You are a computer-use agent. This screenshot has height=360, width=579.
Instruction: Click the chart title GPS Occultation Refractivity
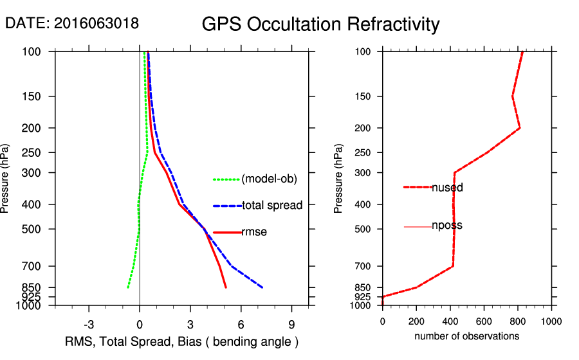320,24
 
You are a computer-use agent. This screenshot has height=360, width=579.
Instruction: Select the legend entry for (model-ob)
269,179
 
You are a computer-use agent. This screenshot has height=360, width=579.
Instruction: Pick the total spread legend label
272,206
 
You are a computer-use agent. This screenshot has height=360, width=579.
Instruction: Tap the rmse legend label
254,232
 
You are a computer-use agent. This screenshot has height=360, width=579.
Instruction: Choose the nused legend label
447,188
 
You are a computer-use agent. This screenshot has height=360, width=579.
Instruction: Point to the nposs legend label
447,226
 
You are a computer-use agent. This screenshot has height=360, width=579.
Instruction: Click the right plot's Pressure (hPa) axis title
339,179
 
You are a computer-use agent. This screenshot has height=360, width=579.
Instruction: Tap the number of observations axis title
466,336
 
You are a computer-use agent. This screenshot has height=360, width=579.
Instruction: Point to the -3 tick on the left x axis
89,323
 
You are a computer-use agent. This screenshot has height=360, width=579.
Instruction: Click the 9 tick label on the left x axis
291,323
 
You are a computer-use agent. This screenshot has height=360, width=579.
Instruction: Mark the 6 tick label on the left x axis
241,323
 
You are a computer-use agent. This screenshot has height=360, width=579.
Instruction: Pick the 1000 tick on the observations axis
551,321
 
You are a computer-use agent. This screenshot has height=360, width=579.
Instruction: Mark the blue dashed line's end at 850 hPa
262,287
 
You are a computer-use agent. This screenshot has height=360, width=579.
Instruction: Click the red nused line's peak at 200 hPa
520,128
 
